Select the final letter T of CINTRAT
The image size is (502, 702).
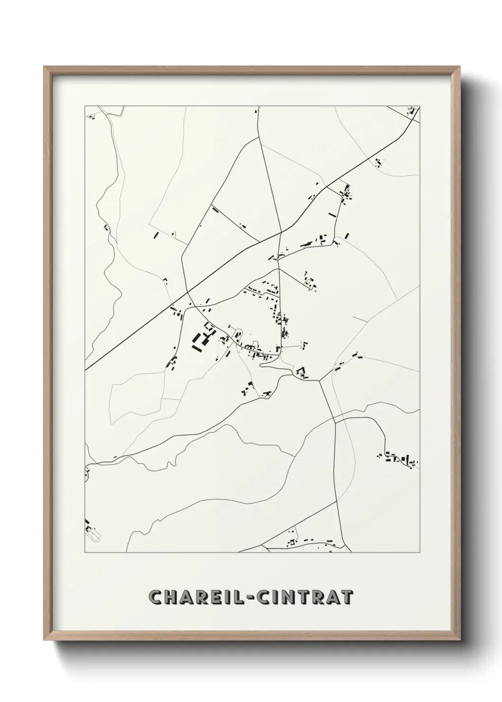click(x=347, y=597)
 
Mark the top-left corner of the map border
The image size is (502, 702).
click(x=85, y=106)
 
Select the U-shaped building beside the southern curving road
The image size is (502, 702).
click(x=301, y=372)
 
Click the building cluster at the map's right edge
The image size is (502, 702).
click(x=400, y=459)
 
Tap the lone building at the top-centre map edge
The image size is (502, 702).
click(x=257, y=111)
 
